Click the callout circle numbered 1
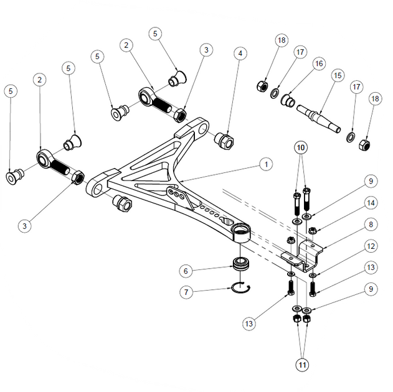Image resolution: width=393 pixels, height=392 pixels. point(266,164)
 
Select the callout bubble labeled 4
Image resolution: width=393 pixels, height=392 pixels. point(240,54)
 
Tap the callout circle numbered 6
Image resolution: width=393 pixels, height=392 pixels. point(186,271)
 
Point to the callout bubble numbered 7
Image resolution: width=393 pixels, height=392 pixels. point(186,292)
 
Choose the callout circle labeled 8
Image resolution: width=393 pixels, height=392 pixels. point(371,225)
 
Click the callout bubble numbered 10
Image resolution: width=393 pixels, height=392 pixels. point(301,147)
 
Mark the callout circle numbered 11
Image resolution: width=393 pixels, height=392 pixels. point(303,365)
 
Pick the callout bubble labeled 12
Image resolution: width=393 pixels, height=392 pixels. point(371,246)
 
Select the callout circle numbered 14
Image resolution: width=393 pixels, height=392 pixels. point(371,203)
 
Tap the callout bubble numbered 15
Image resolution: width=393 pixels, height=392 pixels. point(338,75)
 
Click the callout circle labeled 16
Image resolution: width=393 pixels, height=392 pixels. point(319,63)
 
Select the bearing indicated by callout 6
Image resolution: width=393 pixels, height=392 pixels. point(240,264)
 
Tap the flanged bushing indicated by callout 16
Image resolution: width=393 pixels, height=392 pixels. point(288,100)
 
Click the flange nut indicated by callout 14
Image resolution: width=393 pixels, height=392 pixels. point(311,230)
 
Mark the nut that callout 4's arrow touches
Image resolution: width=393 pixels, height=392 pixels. point(224,141)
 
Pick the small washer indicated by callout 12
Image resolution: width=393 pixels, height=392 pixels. point(312,276)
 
